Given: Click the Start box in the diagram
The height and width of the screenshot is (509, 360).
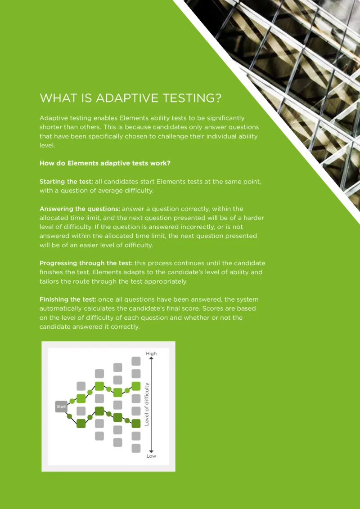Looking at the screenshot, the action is coord(61,406).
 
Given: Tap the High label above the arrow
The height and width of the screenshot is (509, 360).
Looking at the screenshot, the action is coord(151,353).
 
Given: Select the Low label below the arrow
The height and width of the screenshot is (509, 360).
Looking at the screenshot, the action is coord(151,456).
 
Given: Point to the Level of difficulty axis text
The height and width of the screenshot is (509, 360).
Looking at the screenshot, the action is coord(147,404).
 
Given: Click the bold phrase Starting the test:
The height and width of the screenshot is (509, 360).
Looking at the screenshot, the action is coord(66,182).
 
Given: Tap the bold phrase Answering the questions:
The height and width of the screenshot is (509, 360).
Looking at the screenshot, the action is coord(80,209).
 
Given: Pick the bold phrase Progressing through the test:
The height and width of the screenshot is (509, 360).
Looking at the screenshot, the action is coord(86,263).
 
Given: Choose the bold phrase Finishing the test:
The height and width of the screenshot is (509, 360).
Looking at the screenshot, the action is coord(68,299).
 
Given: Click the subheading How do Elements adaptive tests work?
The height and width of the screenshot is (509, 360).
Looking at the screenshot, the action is coord(105,163).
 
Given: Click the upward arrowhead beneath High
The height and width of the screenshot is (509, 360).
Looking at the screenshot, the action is coord(151,358).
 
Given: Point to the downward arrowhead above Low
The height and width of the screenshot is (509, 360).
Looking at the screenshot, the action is coord(151,451).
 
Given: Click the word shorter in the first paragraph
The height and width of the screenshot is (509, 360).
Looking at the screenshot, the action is coord(50,127).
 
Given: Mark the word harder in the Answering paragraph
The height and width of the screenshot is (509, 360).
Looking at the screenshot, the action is coord(254,218).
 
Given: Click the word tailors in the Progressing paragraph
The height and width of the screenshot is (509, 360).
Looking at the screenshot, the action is coord(49,281).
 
